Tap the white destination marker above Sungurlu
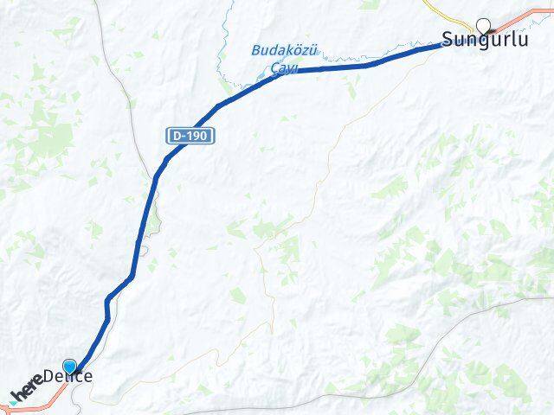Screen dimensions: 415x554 pos(483,25)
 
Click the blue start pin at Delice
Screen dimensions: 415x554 pos(69,367)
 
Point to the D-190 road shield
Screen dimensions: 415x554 pos(190,136)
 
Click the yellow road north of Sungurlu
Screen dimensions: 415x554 pos(437,10)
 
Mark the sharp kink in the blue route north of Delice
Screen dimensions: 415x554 pos(107,301)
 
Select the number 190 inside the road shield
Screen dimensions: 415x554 pos(196,136)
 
